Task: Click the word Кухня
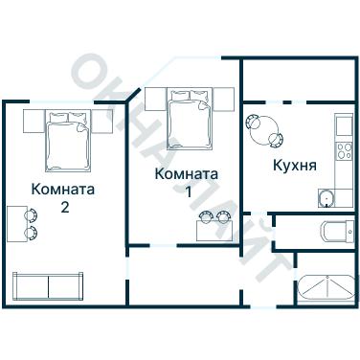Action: [295, 165]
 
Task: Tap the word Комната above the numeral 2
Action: [62, 189]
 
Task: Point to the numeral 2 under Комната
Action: [64, 207]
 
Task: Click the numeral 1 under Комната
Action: [188, 192]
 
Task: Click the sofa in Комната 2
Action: [47, 285]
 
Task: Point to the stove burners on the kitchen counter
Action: [342, 149]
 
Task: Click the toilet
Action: [335, 232]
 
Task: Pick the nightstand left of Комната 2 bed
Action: [30, 121]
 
